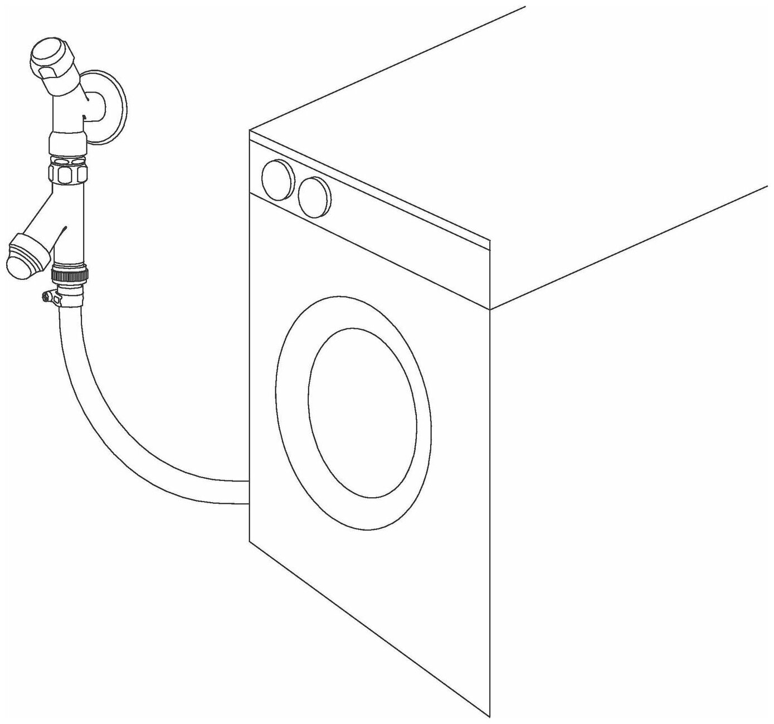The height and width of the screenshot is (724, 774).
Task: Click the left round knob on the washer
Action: coord(277,180)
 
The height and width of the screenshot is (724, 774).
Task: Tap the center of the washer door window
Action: coord(362,412)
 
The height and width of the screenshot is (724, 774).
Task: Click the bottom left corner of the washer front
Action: coord(249,540)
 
